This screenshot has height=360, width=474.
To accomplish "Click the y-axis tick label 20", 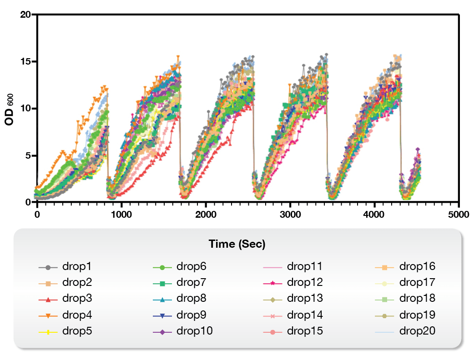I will point(25,15).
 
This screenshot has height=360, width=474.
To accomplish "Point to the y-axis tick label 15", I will point(25,61).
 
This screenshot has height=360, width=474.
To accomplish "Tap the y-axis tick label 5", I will point(28,155).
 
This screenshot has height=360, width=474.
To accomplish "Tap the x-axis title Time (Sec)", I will point(237,244).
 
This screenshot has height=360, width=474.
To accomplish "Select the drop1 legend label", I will point(77,266).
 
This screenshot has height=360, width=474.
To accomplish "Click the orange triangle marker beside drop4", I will point(48,315).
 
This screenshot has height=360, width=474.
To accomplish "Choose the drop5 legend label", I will point(77,331).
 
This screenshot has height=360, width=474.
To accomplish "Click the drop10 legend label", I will point(194,331).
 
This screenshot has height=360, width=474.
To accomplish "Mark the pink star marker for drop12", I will point(273,283).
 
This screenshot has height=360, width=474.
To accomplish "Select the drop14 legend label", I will point(305,315).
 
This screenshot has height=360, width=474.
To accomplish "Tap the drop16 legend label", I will point(417,266).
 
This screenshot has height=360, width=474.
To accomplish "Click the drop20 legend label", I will point(417,331).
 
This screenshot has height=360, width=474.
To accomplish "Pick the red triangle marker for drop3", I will point(48,299).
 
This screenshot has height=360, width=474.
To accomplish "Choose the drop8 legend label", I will point(191,299).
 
